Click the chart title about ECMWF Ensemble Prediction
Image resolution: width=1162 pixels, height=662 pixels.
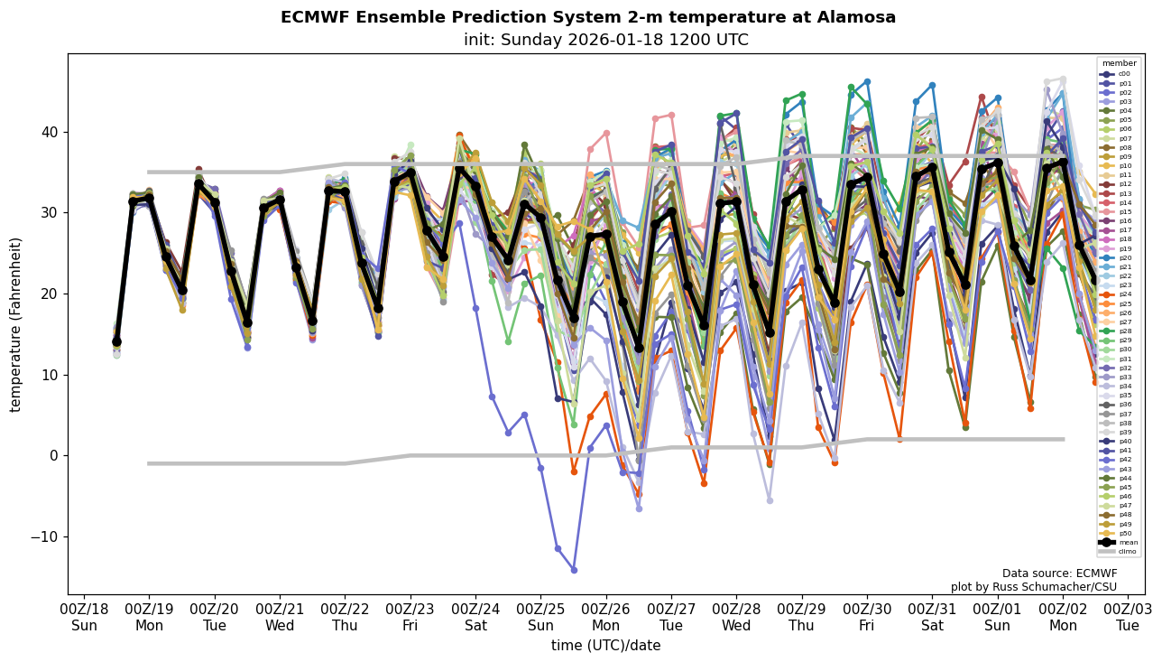point(587,18)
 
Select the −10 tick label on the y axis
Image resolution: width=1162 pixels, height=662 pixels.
point(41,536)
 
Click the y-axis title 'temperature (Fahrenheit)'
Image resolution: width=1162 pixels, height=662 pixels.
point(16,324)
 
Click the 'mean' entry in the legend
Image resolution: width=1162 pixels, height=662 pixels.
point(1125,542)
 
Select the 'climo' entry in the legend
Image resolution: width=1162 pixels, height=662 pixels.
point(1126,551)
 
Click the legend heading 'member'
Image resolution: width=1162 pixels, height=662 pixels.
point(1119,64)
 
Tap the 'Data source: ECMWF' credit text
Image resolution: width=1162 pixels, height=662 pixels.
point(1059,573)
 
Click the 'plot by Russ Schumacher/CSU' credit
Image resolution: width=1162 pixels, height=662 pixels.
point(1033,587)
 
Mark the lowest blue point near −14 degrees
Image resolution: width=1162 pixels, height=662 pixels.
point(574,570)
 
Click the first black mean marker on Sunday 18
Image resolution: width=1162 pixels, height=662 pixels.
point(117,342)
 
